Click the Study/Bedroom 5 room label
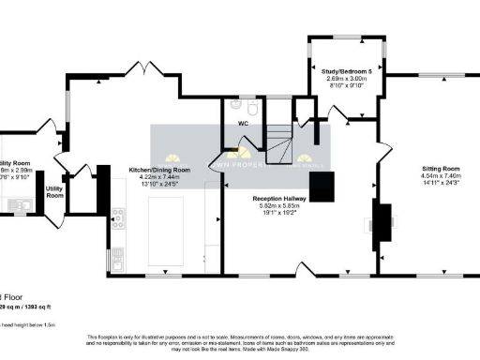point(346,72)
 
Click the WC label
point(243,123)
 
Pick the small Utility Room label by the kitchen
point(54,191)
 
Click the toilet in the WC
point(235,106)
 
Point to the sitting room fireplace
point(383,225)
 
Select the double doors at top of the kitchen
point(146,70)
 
